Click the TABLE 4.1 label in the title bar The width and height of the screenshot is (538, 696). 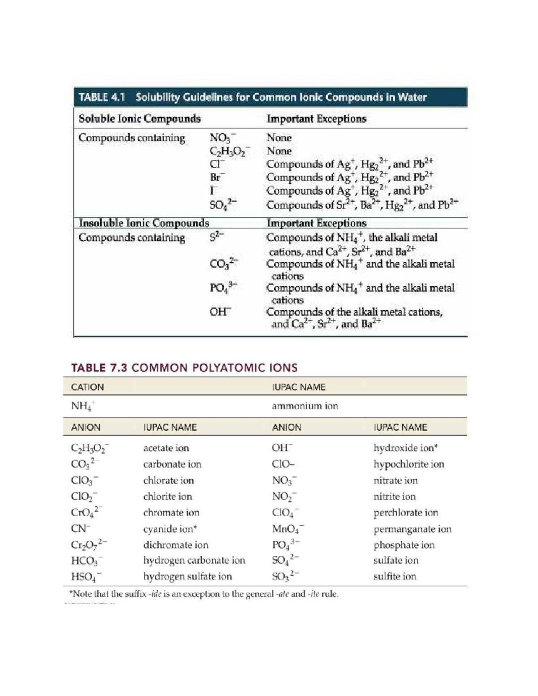point(101,97)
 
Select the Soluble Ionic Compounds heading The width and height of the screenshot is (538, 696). point(139,119)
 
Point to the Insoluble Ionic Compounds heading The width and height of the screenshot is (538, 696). point(143,223)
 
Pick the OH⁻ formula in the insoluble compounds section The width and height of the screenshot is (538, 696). point(220,311)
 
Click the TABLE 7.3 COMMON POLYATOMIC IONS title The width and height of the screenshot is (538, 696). point(184,368)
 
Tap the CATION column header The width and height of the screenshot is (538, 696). point(87,387)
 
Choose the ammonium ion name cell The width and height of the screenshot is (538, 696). point(305,406)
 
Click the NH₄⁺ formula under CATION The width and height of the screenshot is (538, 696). point(82,406)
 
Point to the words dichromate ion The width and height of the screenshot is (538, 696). point(176,545)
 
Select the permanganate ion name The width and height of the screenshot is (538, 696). point(412,529)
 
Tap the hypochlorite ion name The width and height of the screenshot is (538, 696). point(409,464)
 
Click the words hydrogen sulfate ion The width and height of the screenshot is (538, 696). point(187,576)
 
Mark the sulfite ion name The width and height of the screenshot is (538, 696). point(395,576)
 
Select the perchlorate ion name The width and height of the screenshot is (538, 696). point(406,513)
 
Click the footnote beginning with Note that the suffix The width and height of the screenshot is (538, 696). point(204,594)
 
